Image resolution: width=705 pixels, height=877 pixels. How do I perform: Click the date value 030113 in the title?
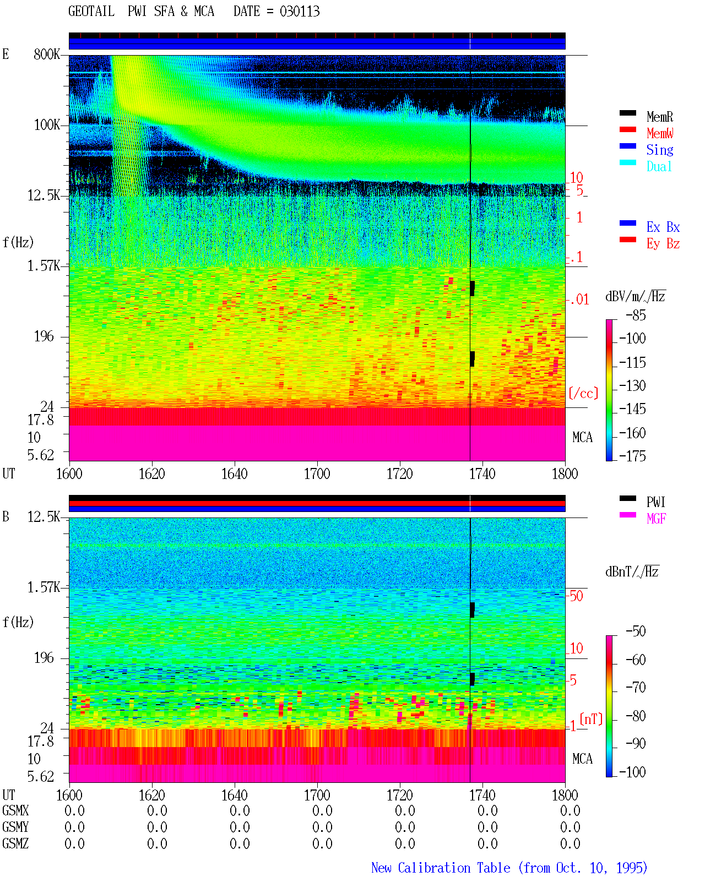click(300, 12)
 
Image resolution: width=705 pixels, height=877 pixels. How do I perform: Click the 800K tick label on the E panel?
click(47, 54)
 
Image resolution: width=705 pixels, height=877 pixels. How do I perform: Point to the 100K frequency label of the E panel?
click(47, 125)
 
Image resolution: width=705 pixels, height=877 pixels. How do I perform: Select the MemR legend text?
click(660, 117)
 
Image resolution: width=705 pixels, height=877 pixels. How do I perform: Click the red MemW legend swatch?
click(627, 129)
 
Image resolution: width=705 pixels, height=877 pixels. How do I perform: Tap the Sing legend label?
click(660, 150)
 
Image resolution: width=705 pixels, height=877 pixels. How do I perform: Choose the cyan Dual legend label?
click(659, 166)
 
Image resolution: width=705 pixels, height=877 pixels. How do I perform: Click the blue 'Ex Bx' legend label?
click(663, 227)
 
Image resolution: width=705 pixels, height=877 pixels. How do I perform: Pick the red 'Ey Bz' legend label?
click(663, 244)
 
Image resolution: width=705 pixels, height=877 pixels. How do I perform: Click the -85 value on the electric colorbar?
click(636, 315)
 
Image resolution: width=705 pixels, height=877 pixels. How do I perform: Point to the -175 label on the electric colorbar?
click(632, 456)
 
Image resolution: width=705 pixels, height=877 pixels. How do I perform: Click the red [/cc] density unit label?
click(583, 393)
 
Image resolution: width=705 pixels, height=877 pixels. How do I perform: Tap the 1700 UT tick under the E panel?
click(317, 474)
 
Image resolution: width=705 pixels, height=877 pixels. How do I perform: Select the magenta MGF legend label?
click(656, 519)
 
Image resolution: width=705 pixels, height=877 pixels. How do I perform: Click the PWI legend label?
click(656, 502)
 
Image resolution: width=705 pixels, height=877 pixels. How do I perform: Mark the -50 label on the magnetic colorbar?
click(636, 631)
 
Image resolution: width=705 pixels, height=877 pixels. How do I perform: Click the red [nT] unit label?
click(591, 719)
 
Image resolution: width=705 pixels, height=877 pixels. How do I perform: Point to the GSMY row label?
click(15, 827)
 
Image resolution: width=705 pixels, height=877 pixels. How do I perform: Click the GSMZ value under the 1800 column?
click(570, 843)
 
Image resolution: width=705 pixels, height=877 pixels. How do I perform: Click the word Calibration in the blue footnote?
click(454, 868)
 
